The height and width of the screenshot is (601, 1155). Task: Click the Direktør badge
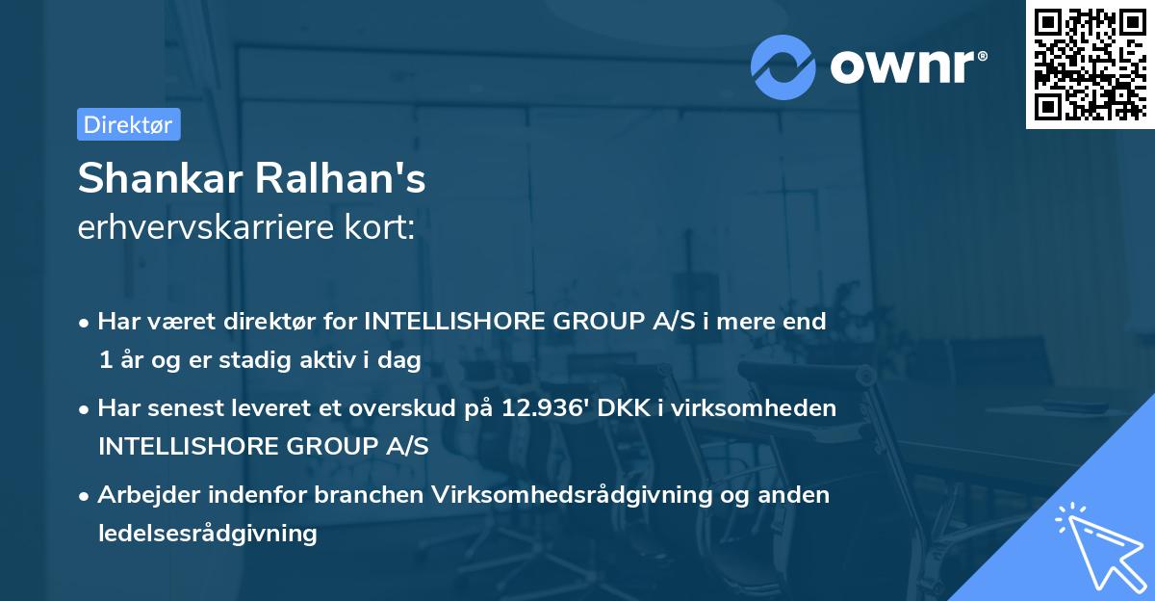[x=128, y=124]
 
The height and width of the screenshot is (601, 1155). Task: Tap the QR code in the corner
[x=1090, y=65]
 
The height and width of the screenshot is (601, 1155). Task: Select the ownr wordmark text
[x=908, y=65]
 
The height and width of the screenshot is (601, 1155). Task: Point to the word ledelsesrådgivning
[x=208, y=533]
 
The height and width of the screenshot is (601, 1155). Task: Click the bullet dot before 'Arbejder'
[x=85, y=496]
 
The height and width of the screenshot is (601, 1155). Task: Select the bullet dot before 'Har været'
[x=85, y=323]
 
